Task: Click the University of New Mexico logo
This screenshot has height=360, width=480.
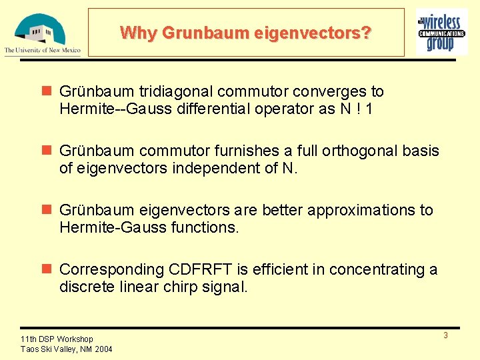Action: pos(42,33)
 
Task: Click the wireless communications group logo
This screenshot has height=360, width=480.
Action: pos(441,31)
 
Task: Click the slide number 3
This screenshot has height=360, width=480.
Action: pos(445,335)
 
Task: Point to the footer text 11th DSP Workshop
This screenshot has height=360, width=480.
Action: pos(57,339)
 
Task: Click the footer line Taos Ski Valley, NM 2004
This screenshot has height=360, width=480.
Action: pos(67,349)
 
